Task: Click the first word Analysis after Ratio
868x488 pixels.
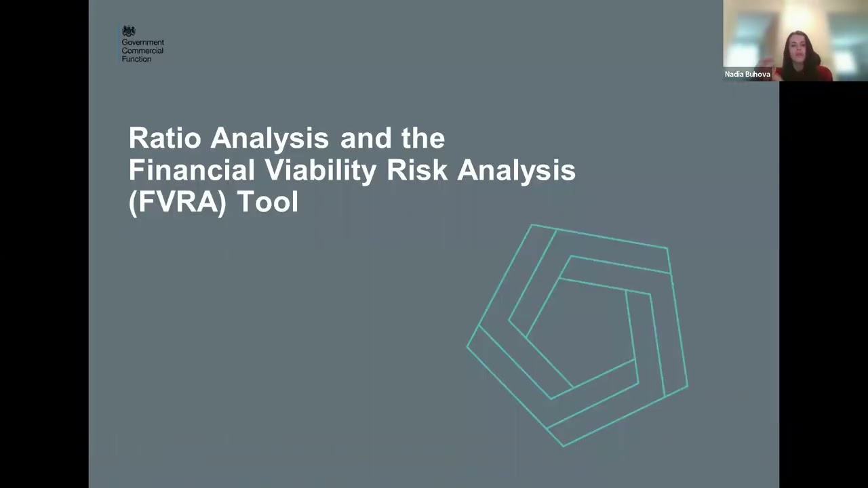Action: (269, 138)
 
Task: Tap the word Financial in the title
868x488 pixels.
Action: (191, 170)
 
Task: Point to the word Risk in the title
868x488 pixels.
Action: (417, 170)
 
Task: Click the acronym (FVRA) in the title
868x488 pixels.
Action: (177, 202)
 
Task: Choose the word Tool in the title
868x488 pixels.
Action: (267, 202)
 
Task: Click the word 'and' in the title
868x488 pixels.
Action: (366, 138)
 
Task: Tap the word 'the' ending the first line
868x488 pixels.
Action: (423, 138)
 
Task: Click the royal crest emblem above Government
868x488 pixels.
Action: (129, 31)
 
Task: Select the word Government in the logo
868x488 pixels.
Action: (142, 43)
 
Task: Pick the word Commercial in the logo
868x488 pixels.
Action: (142, 51)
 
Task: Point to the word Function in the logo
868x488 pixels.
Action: (136, 59)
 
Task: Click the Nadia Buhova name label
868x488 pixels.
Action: (747, 75)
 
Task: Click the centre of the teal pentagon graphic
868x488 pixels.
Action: (580, 332)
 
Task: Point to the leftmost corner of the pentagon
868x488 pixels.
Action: (467, 346)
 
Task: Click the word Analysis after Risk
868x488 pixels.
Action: (516, 170)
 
